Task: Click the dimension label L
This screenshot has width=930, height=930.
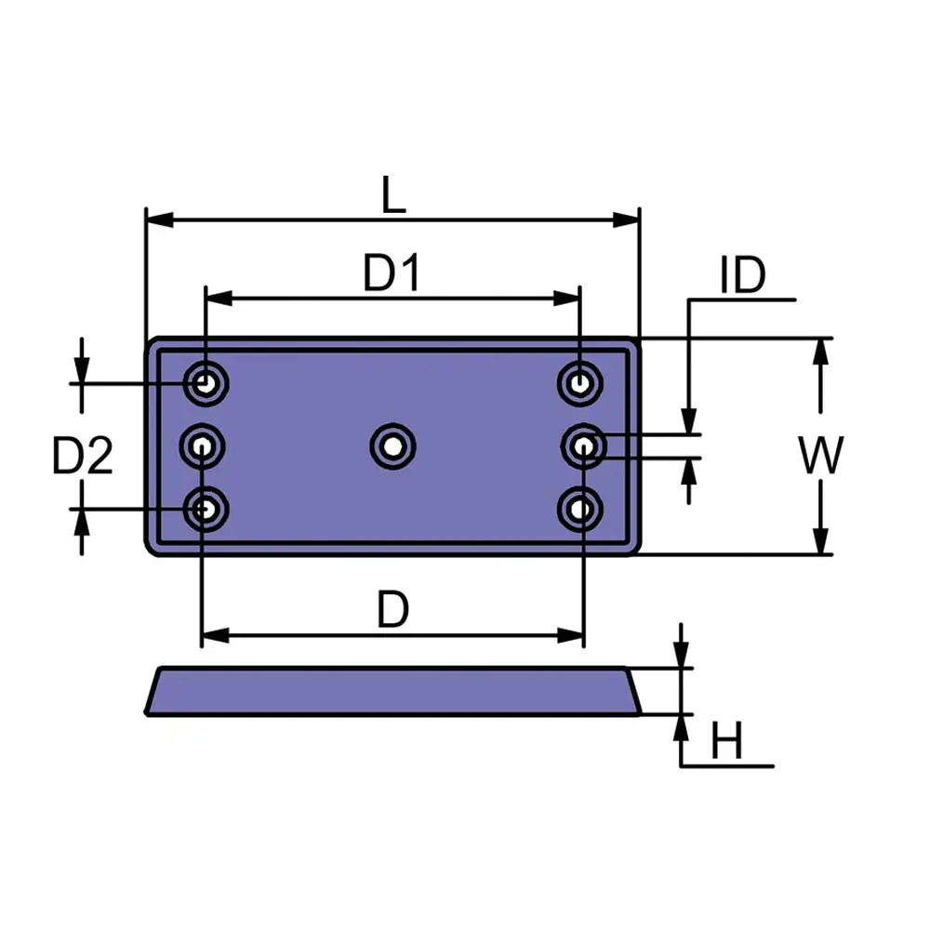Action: (x=394, y=196)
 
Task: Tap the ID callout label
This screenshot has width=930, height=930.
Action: (x=742, y=276)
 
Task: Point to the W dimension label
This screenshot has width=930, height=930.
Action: (x=821, y=456)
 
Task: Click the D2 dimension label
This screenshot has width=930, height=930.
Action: (x=82, y=457)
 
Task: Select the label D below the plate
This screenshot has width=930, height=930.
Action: (x=392, y=611)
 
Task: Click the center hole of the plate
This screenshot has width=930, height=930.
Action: (x=392, y=446)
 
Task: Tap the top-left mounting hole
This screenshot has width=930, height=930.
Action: (x=205, y=381)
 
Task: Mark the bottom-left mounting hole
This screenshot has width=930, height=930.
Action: (x=205, y=509)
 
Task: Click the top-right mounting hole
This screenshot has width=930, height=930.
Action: (x=581, y=381)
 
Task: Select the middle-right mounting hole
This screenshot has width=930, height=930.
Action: (x=582, y=447)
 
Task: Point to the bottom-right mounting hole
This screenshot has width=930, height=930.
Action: (x=581, y=509)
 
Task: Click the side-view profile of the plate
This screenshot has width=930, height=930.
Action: (x=392, y=692)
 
